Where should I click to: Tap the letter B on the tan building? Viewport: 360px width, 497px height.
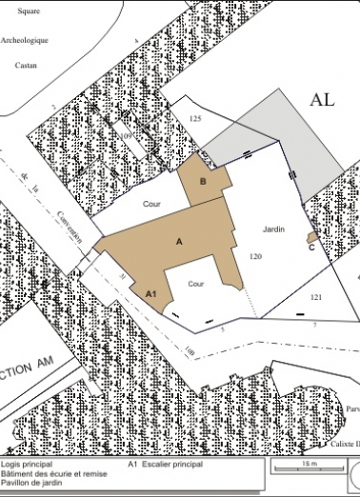point(203,181)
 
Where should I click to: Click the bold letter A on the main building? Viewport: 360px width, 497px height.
point(179,243)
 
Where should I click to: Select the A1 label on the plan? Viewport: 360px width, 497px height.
point(150,296)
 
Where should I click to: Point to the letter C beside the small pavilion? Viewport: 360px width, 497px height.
point(312,247)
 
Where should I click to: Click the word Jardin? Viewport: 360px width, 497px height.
point(274,230)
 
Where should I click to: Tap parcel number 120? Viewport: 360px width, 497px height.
point(254,257)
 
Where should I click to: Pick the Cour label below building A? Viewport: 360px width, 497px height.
point(196,283)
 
